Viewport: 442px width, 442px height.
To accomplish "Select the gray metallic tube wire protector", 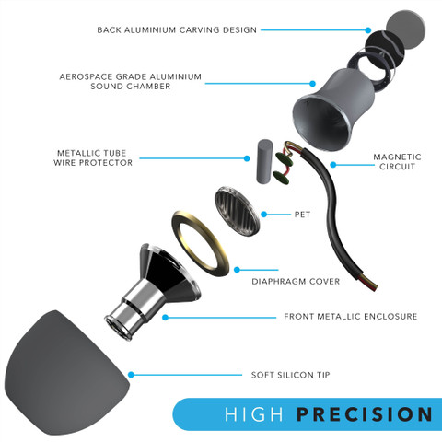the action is (x=264, y=161).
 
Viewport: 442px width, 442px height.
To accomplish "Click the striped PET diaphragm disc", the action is (x=238, y=211).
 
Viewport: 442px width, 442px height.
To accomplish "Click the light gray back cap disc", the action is (x=405, y=29).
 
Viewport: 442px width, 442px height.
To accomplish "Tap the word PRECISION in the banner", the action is (x=365, y=414).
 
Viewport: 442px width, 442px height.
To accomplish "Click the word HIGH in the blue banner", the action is (x=254, y=414).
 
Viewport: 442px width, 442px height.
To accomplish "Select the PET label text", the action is (x=302, y=215).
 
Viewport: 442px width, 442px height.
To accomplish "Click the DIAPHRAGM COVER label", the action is (x=296, y=282).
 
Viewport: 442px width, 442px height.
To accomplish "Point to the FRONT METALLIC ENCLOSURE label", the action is (x=351, y=317).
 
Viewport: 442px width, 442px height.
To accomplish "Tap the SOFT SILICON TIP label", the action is (x=290, y=375).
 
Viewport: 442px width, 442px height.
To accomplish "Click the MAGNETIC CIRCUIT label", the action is (x=397, y=162).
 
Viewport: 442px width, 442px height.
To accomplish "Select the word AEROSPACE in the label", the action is (x=86, y=76).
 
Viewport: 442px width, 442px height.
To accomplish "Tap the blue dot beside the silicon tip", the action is (x=131, y=375).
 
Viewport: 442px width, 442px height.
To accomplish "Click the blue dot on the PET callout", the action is (x=263, y=215).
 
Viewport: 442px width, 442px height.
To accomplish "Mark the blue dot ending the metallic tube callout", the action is (x=247, y=158).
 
